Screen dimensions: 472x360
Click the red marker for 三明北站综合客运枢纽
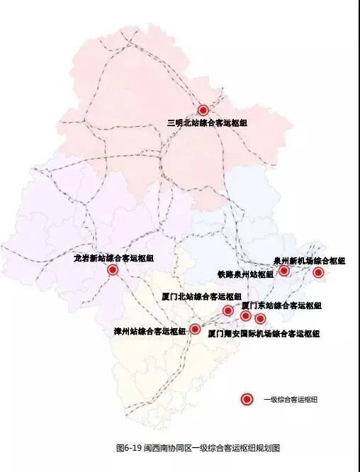203,110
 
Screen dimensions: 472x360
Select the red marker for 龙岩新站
113,270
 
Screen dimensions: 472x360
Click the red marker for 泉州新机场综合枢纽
318,272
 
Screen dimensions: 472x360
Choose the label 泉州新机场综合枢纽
310,261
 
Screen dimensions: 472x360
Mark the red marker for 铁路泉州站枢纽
284,271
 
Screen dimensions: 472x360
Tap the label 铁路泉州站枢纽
245,274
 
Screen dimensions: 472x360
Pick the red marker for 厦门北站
228,310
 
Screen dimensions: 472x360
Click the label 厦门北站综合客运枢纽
201,296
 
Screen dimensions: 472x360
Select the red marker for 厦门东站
246,315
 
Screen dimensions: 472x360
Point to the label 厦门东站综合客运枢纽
281,305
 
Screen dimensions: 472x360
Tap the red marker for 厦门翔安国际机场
260,319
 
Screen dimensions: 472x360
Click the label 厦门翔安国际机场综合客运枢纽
264,333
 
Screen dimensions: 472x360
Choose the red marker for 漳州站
195,329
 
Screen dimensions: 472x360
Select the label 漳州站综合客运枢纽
150,331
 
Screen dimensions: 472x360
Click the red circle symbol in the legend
247,399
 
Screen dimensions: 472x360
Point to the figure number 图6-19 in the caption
129,448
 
